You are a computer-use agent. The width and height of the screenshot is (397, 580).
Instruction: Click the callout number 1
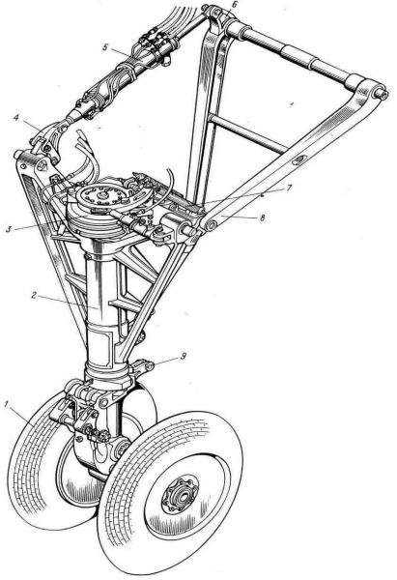point(6,405)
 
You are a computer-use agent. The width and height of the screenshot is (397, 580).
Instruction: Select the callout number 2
point(34,295)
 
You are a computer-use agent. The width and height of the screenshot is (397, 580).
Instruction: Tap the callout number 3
point(9,229)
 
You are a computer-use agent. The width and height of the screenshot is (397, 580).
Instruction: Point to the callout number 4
point(16,118)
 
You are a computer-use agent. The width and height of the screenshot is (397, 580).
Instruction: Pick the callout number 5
point(105,47)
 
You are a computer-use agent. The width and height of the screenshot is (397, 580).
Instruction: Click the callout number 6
point(233,5)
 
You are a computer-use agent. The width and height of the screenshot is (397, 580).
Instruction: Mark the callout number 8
point(263,217)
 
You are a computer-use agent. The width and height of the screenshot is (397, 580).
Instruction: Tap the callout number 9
point(183,356)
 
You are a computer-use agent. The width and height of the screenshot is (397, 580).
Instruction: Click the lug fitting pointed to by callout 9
point(149,365)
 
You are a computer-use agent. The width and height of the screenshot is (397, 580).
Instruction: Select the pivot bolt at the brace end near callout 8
point(211,225)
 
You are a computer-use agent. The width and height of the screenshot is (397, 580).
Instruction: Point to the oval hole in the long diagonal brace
point(298,160)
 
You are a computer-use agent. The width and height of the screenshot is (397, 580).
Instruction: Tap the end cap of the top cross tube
point(381,95)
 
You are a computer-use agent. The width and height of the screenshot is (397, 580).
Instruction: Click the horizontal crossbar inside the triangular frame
point(247,132)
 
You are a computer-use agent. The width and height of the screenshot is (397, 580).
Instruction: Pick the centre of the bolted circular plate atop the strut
point(101,195)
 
